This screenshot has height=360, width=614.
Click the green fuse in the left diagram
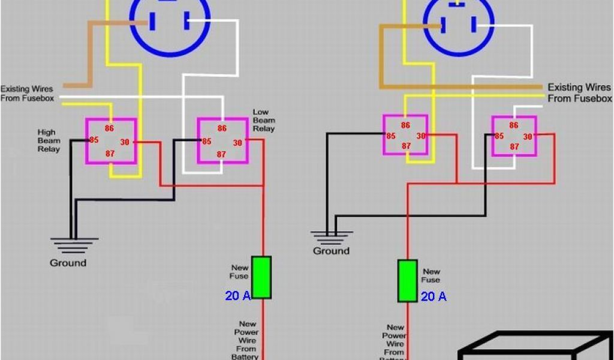coord(261,277)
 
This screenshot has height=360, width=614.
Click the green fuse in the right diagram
coord(408,281)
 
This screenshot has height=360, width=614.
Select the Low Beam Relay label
coord(263,120)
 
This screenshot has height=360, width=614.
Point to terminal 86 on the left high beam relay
coord(110,128)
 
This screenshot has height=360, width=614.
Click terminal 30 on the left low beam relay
coord(237,143)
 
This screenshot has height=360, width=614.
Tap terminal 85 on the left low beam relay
coord(207,142)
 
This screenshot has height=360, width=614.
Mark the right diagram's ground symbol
coord(332,236)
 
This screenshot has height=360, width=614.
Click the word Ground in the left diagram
coord(68,263)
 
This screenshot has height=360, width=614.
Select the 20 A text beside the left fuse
coord(238,295)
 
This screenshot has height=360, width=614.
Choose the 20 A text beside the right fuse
coord(434,296)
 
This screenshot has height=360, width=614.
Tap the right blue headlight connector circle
coord(458,24)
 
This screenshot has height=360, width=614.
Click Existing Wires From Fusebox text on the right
coord(579,93)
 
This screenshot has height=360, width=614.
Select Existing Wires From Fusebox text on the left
coord(26,94)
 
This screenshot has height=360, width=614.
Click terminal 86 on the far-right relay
coord(514,125)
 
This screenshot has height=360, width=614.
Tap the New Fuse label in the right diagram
coord(431,275)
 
